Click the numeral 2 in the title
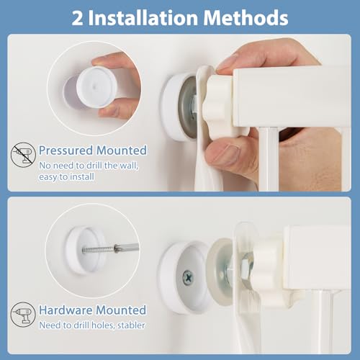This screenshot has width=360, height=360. [x=78, y=18]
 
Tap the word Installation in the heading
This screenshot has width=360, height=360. [x=143, y=17]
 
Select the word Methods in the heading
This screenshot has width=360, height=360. [x=246, y=17]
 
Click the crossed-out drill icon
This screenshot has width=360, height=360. [x=23, y=155]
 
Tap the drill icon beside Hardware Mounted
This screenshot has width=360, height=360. [x=23, y=314]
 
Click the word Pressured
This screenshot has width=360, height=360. [x=66, y=150]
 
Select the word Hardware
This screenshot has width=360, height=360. [x=66, y=310]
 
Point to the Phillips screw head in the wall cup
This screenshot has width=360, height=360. [x=188, y=278]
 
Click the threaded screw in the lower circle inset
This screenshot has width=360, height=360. [x=99, y=249]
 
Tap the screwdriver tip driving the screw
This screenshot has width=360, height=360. [x=127, y=248]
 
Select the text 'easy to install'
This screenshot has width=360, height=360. [x=66, y=177]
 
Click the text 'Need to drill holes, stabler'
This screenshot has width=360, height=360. [x=92, y=325]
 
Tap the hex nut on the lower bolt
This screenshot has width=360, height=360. [x=247, y=266]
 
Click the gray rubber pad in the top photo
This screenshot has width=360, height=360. [x=188, y=107]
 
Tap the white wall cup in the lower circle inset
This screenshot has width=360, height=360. [x=84, y=251]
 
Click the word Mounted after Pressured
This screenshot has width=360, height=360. [x=122, y=150]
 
